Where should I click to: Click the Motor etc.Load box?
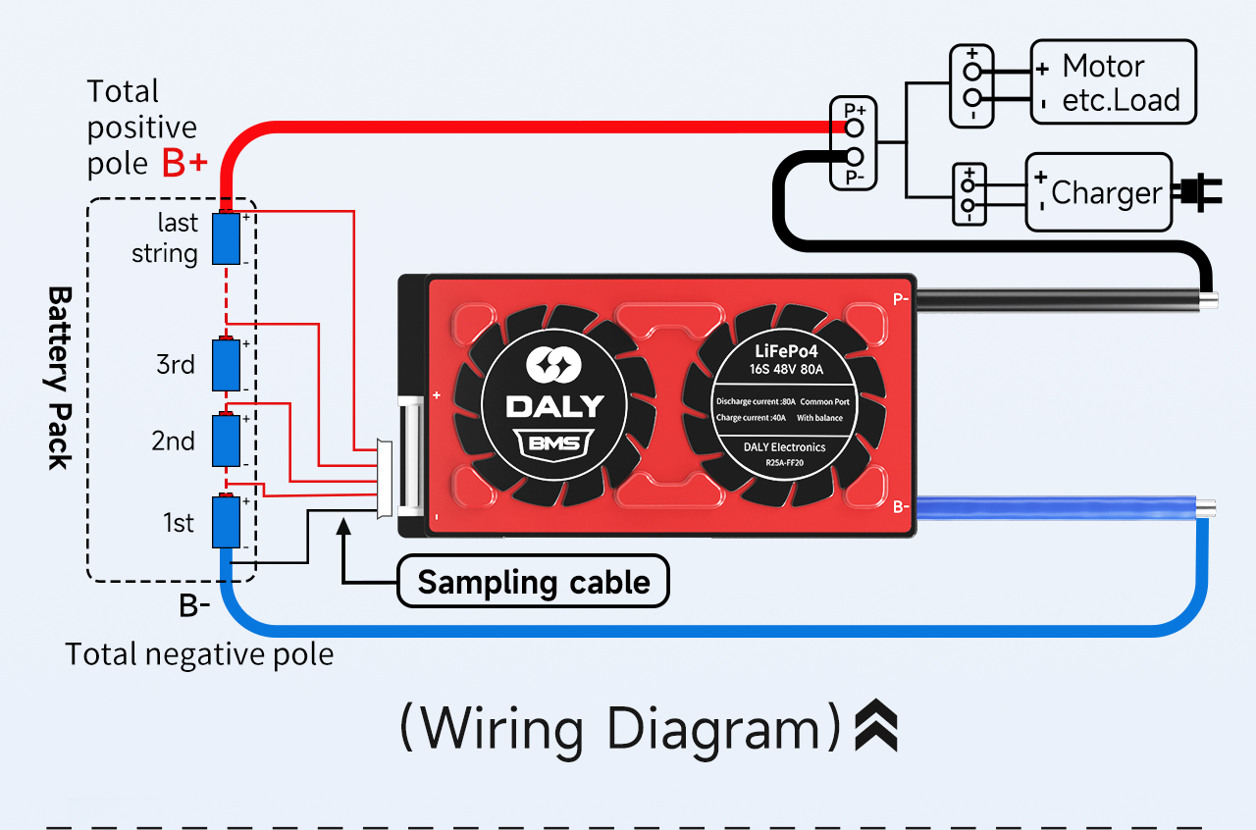pos(1113,82)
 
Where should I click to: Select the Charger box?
pos(1099,192)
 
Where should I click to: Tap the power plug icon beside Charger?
pos(1199,192)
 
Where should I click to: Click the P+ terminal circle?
pos(855,128)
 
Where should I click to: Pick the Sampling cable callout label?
pos(533,582)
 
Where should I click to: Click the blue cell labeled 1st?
pos(228,523)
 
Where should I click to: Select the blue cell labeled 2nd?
pos(228,441)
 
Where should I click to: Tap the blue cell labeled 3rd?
pos(228,365)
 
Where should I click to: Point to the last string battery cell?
pos(228,237)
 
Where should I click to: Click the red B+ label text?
pos(184,164)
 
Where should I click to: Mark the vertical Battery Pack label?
pos(60,378)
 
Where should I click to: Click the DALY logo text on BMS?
pos(554,405)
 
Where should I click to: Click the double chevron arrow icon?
pos(875,727)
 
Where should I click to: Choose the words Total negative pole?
pos(199,654)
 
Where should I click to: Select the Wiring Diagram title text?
pos(621,729)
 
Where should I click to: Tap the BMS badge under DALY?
pos(554,443)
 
